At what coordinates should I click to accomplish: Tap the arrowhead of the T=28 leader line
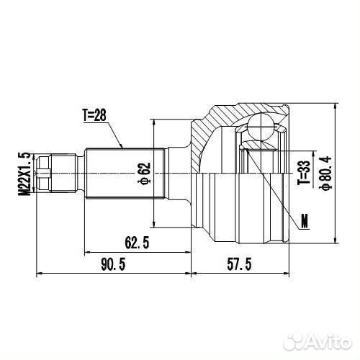point(123,148)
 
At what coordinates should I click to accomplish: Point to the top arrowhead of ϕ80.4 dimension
point(336,107)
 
